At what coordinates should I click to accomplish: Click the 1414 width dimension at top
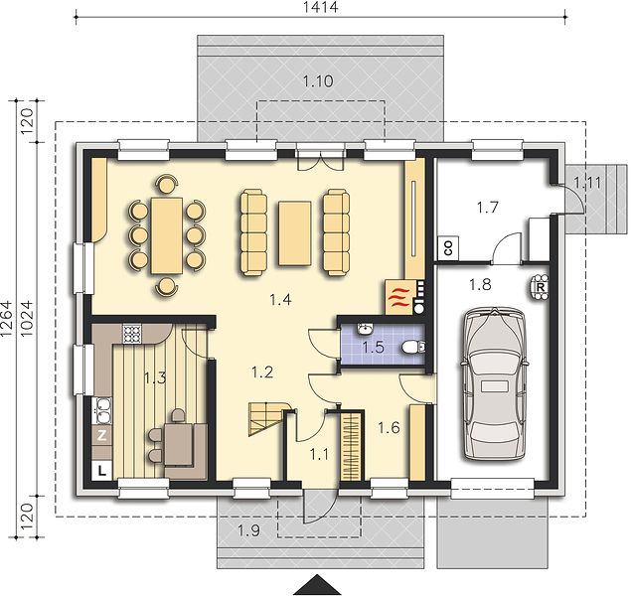point(320,7)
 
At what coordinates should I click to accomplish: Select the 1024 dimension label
point(27,319)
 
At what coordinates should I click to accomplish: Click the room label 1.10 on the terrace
point(318,81)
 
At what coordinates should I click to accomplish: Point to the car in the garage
point(494,383)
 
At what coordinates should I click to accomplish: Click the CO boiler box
point(448,247)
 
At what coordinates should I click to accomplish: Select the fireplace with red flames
point(398,297)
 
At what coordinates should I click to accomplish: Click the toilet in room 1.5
point(413,347)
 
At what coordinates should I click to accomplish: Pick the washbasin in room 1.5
point(366,329)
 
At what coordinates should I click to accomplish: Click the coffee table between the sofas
point(295,233)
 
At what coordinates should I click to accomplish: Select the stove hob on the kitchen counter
point(132,334)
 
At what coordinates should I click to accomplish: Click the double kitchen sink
point(102,410)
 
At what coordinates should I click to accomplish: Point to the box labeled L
point(102,471)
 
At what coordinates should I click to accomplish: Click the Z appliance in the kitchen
point(102,435)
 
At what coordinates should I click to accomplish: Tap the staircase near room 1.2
point(268,419)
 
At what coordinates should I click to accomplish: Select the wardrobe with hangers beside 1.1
point(351,446)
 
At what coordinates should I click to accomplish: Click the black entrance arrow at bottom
point(318,585)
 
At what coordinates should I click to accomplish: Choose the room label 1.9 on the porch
point(248,530)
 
